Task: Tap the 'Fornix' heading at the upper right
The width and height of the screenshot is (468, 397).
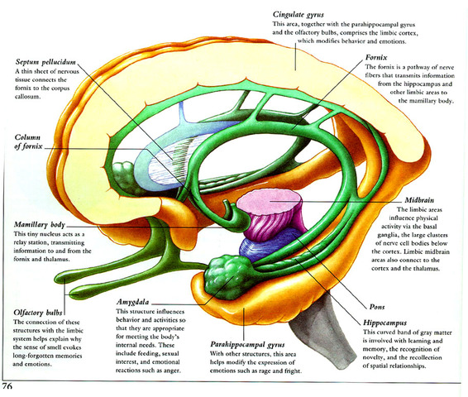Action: coord(377,60)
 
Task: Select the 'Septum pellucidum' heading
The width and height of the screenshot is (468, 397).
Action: coord(50,62)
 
